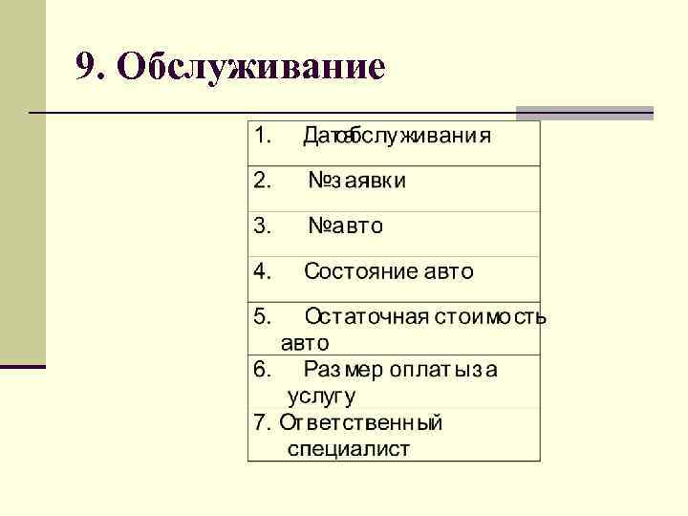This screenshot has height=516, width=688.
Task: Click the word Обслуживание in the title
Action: (x=253, y=67)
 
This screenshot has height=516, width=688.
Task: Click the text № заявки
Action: (x=356, y=181)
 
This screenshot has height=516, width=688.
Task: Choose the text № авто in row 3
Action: (x=345, y=226)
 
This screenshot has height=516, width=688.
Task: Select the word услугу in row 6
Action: (x=321, y=395)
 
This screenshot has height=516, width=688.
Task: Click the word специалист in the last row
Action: (x=348, y=448)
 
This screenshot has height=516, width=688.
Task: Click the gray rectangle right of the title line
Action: (x=584, y=113)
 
